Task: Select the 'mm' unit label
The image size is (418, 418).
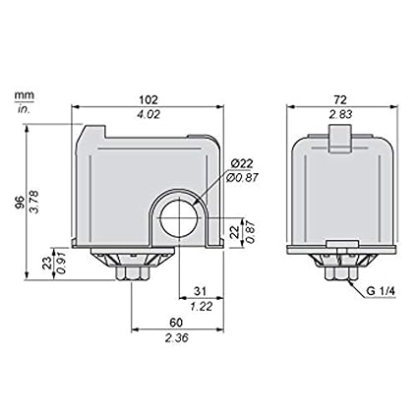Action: pos(21,96)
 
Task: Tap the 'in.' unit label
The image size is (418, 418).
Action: pos(21,108)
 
